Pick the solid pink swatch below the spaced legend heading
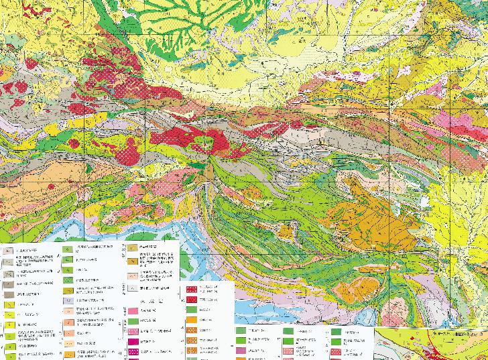click(133, 312)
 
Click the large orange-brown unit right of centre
click(375, 201)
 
